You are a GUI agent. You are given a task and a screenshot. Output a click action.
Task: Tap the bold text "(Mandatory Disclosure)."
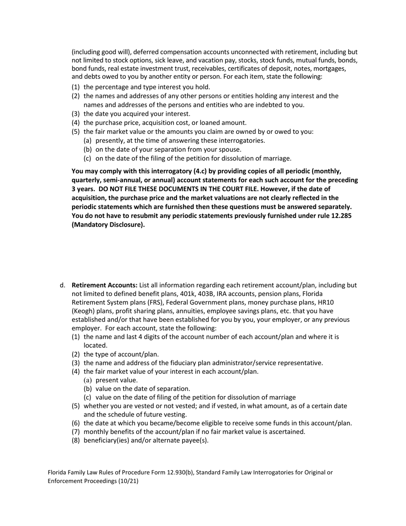click(x=108, y=225)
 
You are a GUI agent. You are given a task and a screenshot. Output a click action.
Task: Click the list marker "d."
click(x=62, y=285)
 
